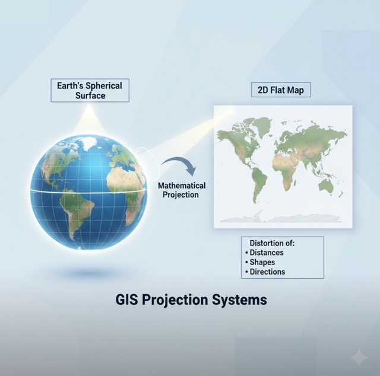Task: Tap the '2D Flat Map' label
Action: coord(281,90)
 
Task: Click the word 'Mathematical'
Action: coord(182,186)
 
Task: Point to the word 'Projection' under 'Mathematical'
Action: coord(180,195)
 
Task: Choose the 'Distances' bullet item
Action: coord(264,253)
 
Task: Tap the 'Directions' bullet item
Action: coord(265,272)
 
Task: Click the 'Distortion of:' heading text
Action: coord(272,243)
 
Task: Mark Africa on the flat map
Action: coord(286,172)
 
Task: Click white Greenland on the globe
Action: coord(86,143)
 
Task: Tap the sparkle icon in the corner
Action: coord(359,358)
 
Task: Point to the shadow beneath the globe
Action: coord(88,273)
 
